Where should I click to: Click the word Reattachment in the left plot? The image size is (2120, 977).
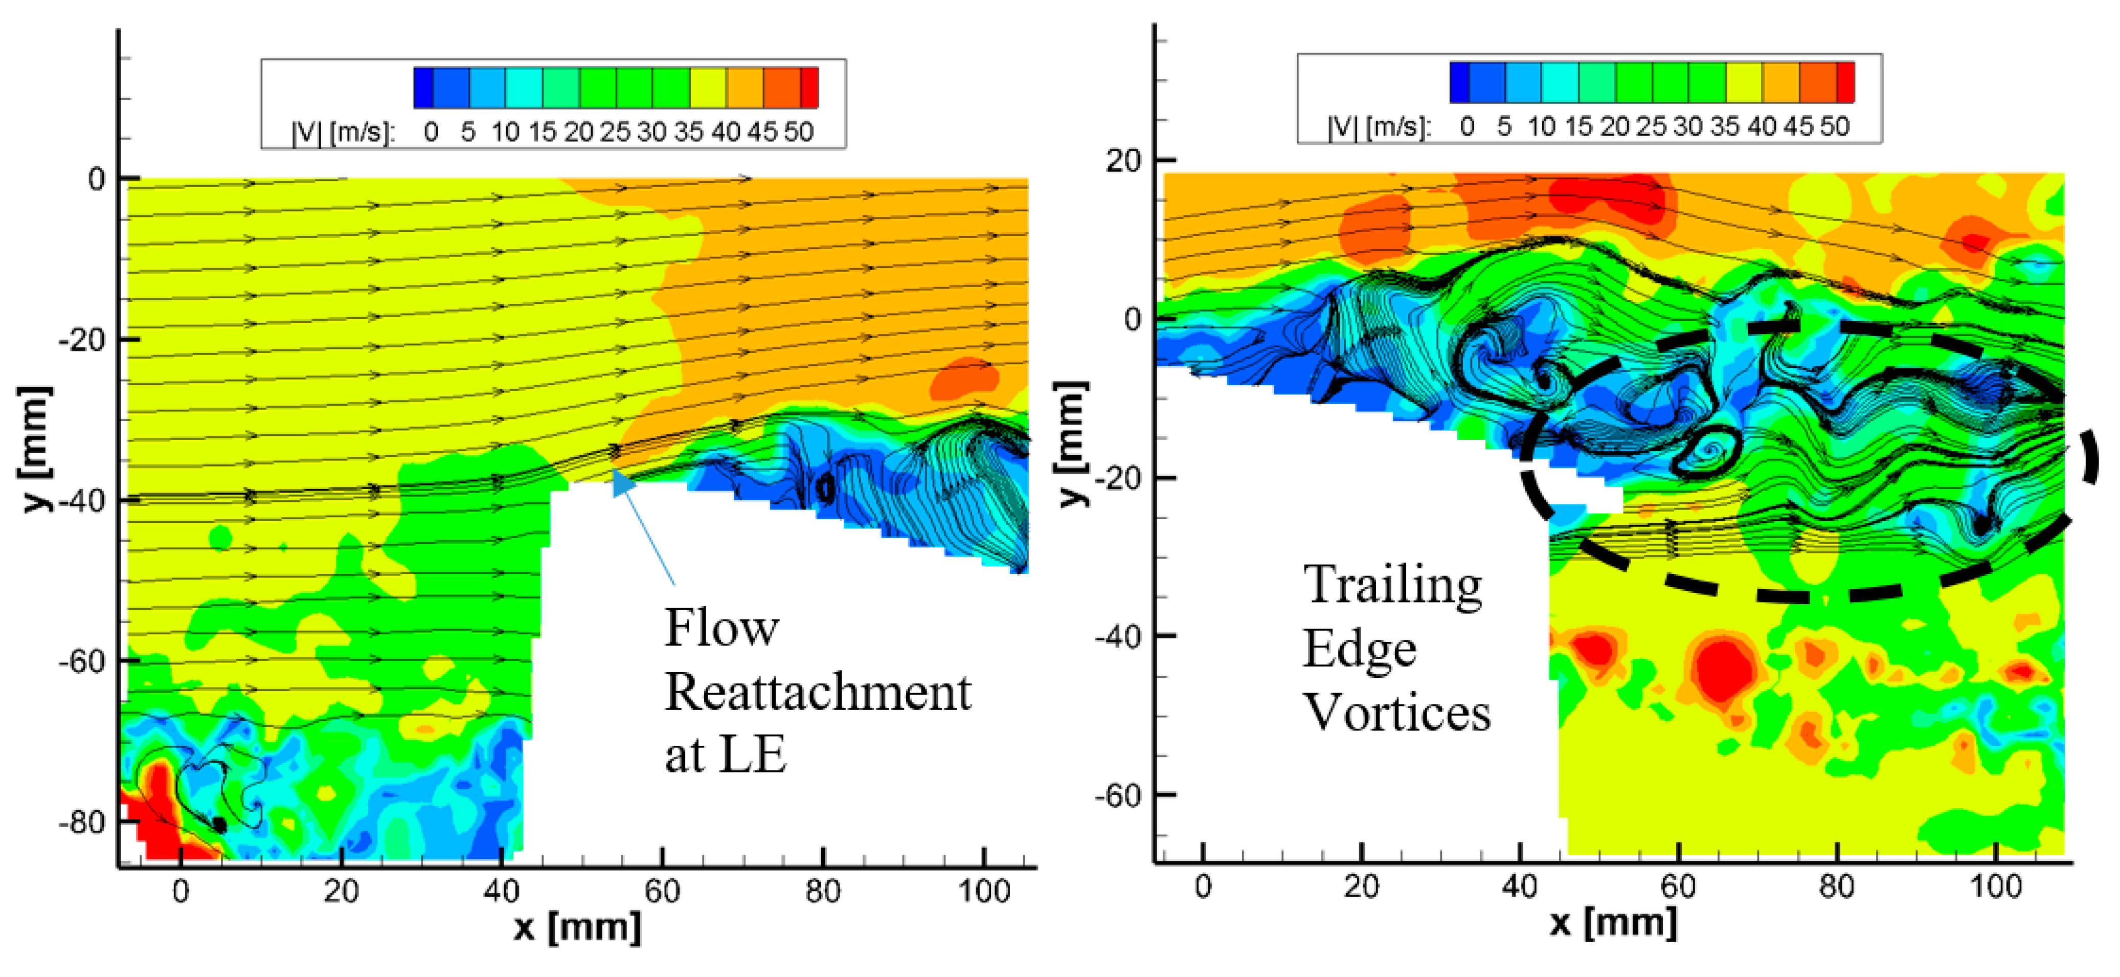[817, 692]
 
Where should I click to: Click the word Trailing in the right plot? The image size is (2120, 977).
[1392, 586]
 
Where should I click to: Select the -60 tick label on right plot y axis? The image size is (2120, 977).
[1118, 796]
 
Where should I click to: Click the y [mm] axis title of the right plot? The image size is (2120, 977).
[1072, 445]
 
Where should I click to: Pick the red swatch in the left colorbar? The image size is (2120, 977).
[810, 88]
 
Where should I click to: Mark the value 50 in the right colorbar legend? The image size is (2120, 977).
[1835, 127]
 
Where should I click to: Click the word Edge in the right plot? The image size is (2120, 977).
[1360, 650]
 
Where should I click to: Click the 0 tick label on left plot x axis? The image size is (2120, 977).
[180, 892]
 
